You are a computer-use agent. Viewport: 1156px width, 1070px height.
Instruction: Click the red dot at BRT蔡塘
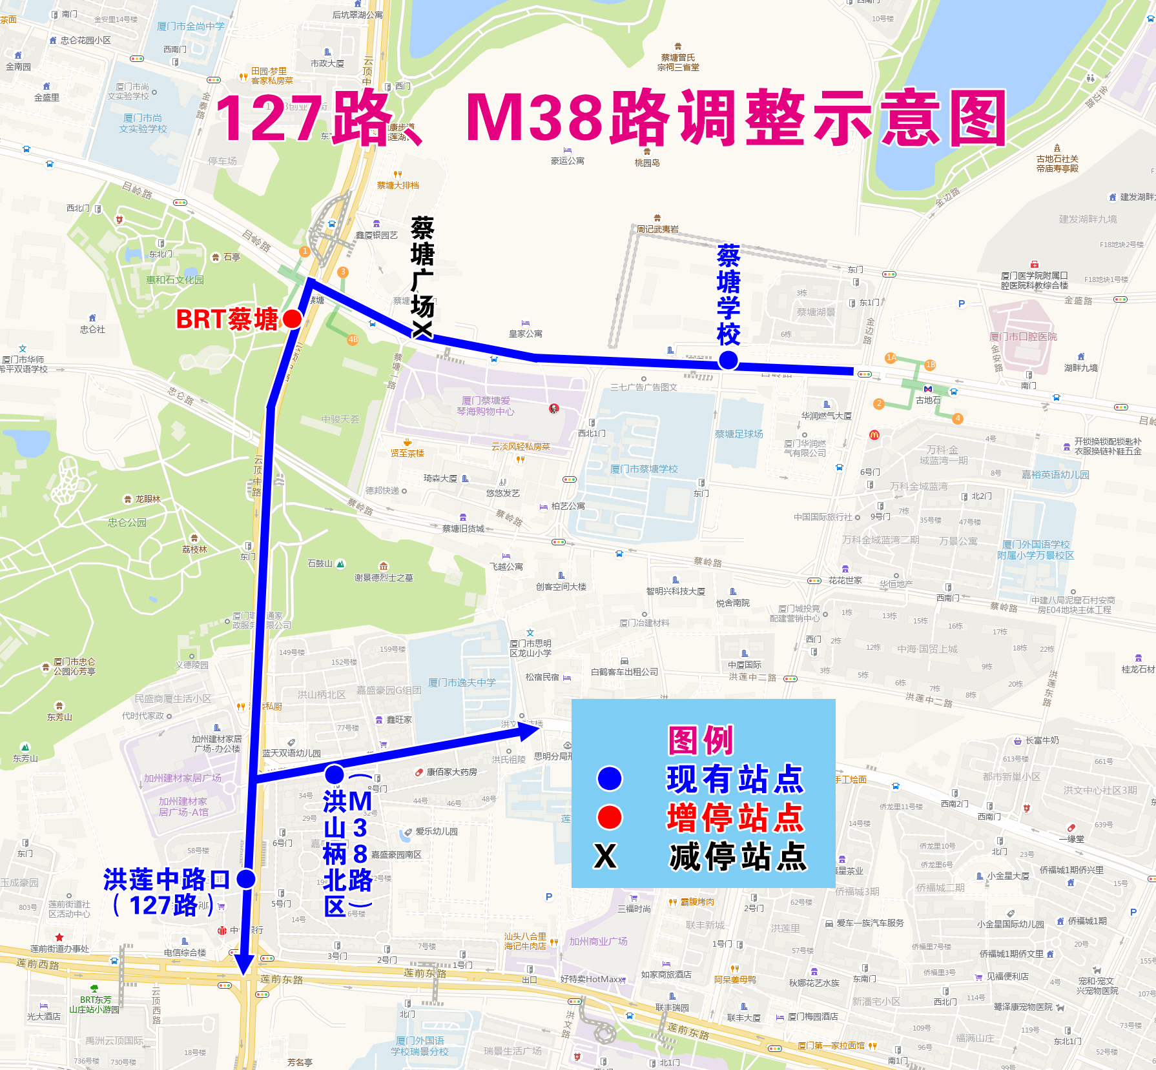pos(292,319)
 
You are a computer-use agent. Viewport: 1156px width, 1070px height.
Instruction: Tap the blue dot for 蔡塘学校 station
pos(728,360)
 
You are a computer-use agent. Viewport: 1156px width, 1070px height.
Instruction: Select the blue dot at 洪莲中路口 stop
pos(246,878)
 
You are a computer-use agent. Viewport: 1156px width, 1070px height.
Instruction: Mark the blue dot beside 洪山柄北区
pos(335,774)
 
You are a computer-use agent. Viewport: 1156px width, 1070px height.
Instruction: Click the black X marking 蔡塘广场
pos(422,330)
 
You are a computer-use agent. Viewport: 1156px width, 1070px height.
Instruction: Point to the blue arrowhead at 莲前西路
pos(244,964)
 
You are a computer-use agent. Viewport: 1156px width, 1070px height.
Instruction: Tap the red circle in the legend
pos(610,817)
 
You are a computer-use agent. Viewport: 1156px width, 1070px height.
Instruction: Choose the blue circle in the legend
pos(610,778)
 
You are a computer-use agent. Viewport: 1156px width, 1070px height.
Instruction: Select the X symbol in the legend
pos(605,856)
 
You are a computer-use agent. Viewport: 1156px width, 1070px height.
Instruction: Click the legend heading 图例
pos(701,740)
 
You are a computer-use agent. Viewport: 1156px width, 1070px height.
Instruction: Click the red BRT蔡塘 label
pos(227,319)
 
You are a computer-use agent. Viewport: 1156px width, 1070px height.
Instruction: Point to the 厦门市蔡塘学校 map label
pos(644,469)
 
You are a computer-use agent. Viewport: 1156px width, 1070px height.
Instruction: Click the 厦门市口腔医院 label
pos(1023,337)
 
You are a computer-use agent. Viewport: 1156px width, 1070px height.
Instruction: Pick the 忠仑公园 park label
pos(127,523)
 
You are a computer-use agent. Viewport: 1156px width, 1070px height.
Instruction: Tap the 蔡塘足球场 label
pos(739,434)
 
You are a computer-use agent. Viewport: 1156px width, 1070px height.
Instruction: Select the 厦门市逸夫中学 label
pos(462,683)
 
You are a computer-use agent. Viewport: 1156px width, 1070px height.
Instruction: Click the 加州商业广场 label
pos(598,942)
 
